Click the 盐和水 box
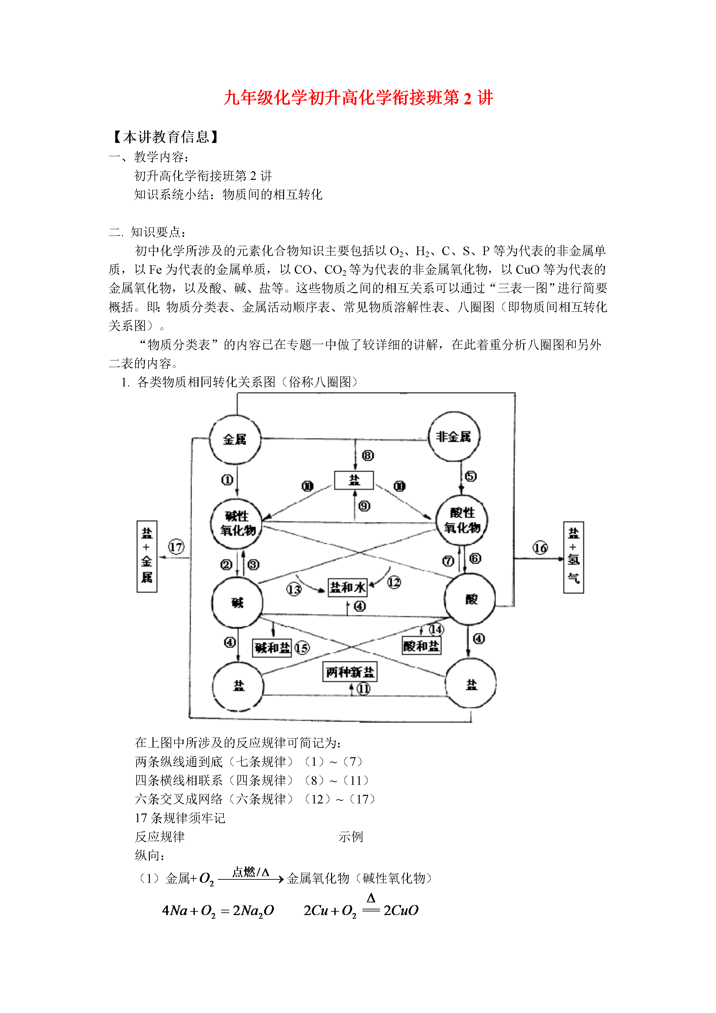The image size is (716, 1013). click(348, 587)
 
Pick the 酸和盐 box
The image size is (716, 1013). click(421, 646)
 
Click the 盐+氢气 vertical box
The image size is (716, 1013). click(573, 557)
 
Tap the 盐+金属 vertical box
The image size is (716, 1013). click(147, 556)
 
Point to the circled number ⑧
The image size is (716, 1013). click(367, 455)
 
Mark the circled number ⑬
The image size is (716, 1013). click(294, 590)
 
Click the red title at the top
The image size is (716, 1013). click(358, 98)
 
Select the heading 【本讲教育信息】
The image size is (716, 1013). click(166, 137)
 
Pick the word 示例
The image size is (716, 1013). click(351, 837)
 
